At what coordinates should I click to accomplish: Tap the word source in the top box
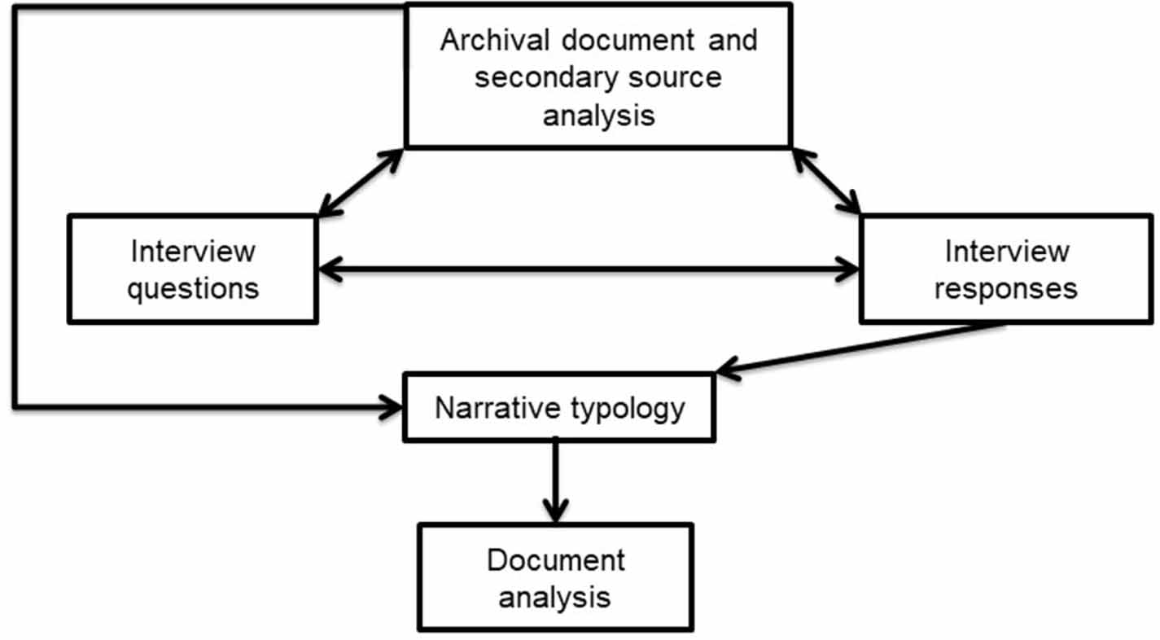pos(668,78)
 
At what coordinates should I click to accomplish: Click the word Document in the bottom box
pos(556,560)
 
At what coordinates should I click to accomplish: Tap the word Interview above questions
pos(193,251)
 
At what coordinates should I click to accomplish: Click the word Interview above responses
pos(1007,251)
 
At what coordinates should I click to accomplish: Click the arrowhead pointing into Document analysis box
pos(555,512)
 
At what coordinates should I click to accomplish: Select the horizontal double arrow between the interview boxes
pos(588,268)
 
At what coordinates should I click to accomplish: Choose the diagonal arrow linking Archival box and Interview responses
pos(826,181)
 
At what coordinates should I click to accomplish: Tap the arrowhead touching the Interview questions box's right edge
pos(327,268)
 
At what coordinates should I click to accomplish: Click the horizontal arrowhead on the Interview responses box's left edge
pos(850,268)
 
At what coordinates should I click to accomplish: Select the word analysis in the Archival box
pos(598,115)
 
